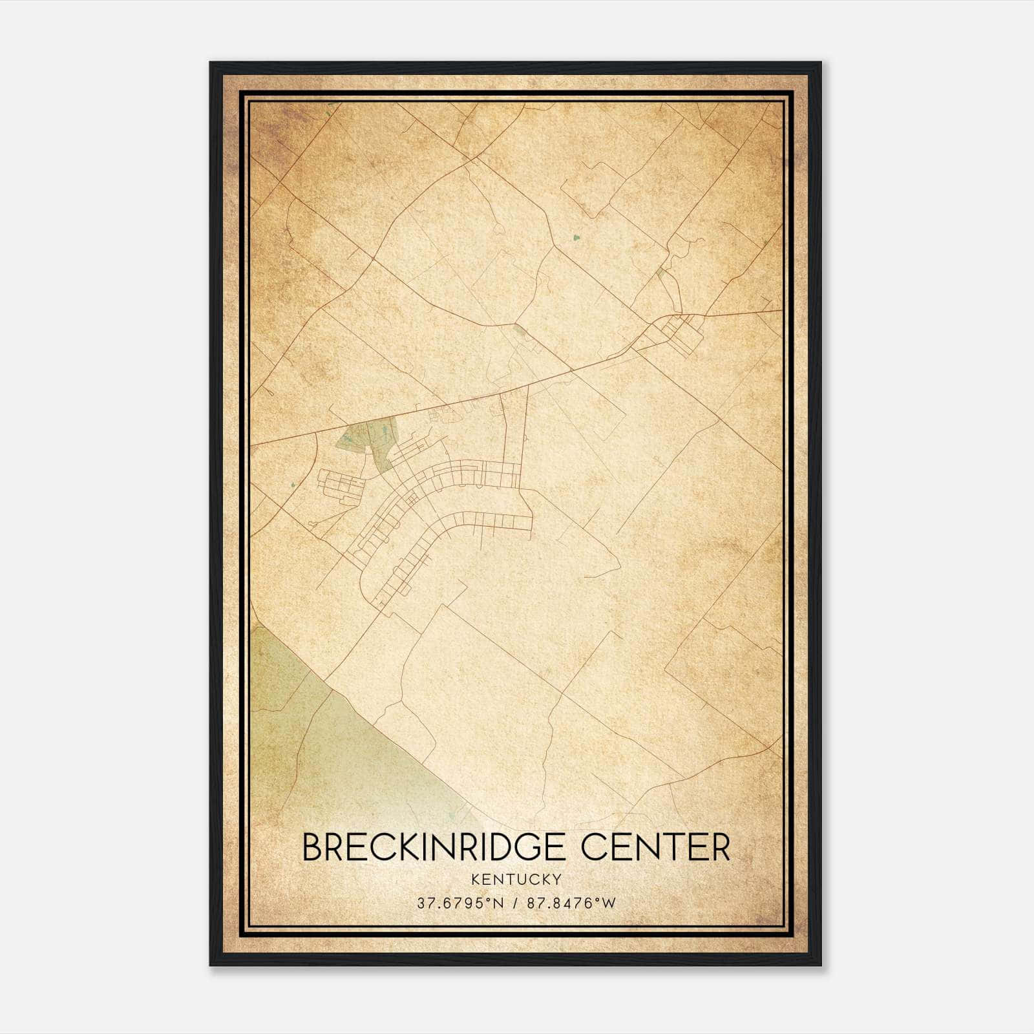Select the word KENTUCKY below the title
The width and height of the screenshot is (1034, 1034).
516,879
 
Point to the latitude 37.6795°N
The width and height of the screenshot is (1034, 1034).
459,903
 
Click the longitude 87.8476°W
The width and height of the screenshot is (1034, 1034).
571,903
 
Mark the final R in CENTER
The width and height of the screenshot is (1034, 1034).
721,848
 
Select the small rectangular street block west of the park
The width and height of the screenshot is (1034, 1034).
339,482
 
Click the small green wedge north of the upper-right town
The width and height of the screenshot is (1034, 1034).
660,273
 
